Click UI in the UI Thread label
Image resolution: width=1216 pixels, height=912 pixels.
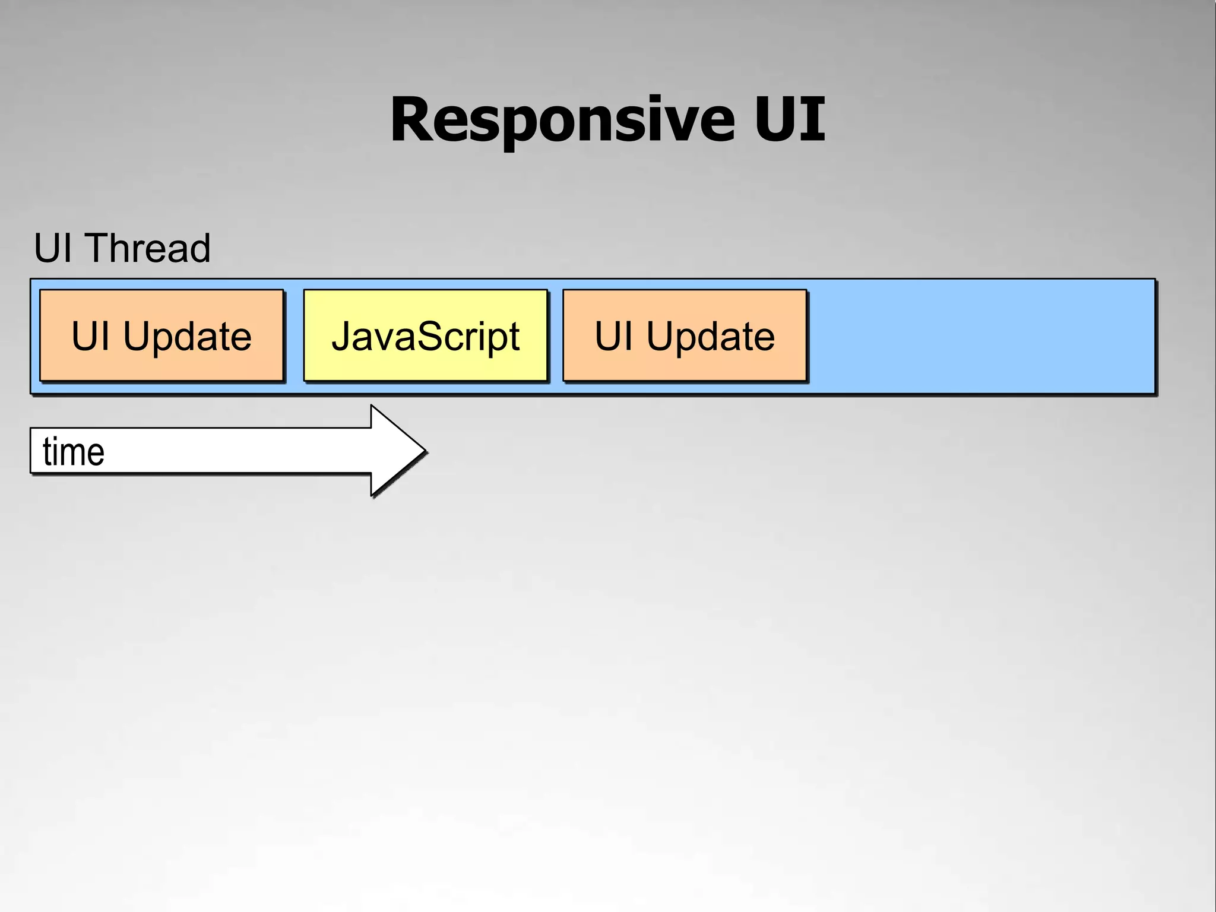point(53,248)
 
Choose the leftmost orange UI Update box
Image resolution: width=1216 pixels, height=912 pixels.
point(161,335)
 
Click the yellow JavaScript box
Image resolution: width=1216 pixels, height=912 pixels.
point(425,335)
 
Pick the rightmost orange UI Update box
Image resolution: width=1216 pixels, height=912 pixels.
point(685,335)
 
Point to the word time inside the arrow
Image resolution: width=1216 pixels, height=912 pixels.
point(74,452)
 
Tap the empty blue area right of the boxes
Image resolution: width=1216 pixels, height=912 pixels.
point(980,336)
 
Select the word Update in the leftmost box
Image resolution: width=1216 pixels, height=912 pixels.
point(187,337)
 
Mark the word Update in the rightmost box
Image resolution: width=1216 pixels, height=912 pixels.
point(710,337)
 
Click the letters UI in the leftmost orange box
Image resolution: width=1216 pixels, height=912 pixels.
point(90,336)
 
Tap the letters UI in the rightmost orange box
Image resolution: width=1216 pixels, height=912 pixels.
point(613,336)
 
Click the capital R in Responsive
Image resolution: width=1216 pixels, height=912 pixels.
point(412,120)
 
